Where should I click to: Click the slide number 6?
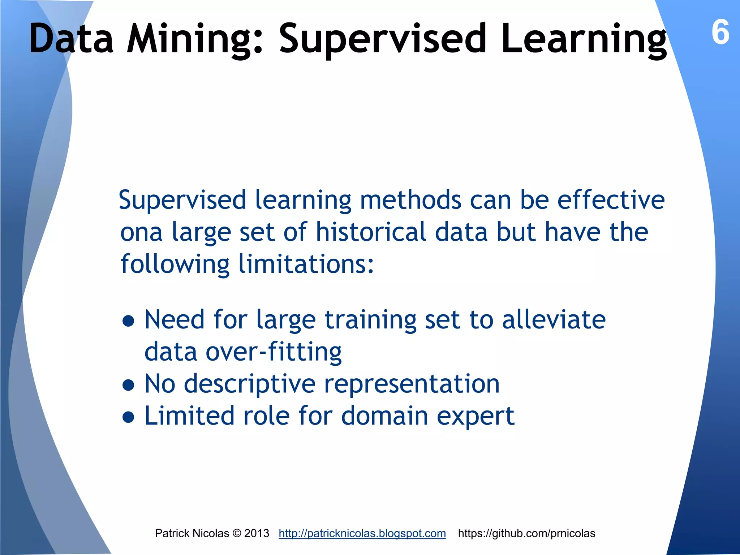pos(720,33)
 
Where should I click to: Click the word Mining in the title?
pos(195,39)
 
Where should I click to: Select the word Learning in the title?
pos(584,39)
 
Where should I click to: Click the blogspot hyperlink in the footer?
pos(362,533)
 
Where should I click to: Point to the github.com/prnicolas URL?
pos(526,533)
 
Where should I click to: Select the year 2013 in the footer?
pos(257,533)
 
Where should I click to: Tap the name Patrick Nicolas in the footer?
pos(192,533)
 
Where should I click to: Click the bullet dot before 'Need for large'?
pos(128,320)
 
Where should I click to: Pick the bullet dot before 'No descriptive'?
pos(128,385)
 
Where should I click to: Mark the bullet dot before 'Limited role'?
pos(128,417)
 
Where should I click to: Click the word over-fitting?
pos(274,352)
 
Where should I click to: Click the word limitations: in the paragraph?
pos(306,264)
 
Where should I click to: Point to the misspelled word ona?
pos(141,232)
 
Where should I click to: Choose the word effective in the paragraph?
pos(611,200)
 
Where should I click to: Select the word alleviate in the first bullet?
pos(554,320)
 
